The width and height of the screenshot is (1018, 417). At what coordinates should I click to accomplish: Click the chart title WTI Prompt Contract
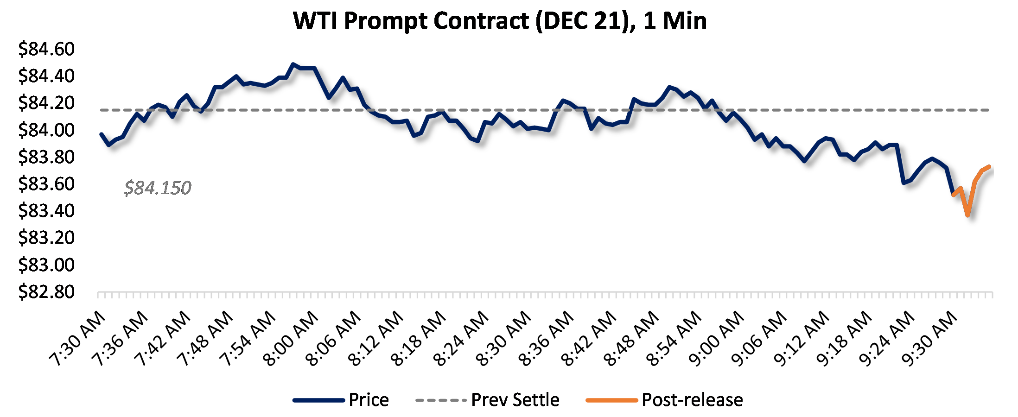coord(500,21)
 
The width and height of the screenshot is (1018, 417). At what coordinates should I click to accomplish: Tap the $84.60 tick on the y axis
coord(46,49)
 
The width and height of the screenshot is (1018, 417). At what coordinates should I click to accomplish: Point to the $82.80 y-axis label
coord(46,292)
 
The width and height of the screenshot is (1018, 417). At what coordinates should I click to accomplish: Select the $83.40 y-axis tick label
coord(46,211)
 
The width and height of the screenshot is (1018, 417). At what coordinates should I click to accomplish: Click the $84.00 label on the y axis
coord(46,130)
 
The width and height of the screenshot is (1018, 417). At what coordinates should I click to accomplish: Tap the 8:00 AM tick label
coord(292,339)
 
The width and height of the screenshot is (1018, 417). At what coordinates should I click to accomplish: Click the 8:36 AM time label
coord(547,339)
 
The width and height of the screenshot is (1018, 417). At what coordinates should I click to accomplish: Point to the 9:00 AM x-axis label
coord(717,339)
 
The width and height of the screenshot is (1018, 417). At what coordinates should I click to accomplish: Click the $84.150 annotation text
coord(158,188)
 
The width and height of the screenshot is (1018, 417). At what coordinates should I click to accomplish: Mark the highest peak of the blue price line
coord(293,64)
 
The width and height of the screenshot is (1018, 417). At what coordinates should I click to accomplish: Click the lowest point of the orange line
coord(967,215)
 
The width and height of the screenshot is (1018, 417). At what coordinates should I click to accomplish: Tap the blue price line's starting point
coord(102,134)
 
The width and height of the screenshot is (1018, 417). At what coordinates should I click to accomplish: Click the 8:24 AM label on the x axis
coord(462,339)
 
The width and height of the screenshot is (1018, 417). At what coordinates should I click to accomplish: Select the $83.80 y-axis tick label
coord(46,157)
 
